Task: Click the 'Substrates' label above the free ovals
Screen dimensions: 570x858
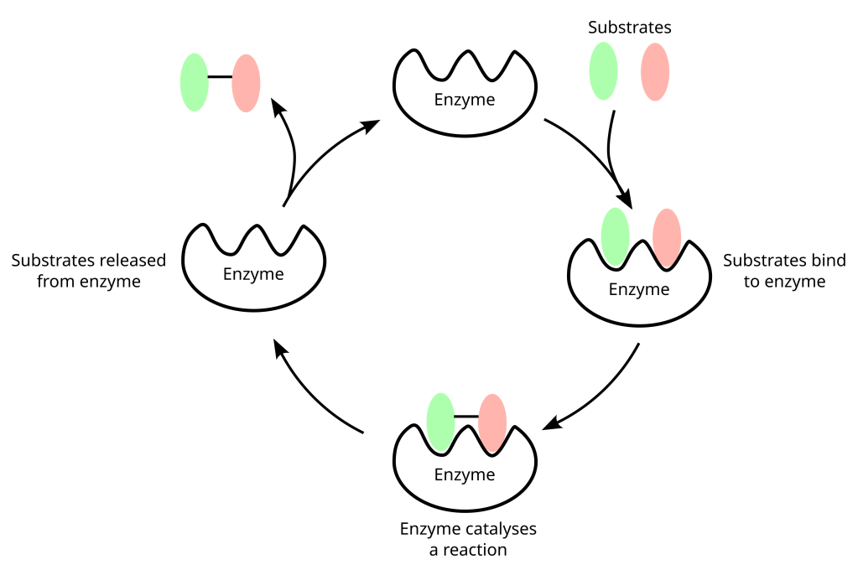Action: [629, 28]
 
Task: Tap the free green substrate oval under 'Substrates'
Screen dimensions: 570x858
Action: [604, 71]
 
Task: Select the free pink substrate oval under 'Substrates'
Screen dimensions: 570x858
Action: [655, 71]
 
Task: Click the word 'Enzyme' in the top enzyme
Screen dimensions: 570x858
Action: [464, 100]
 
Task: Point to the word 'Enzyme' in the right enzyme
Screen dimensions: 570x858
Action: [638, 290]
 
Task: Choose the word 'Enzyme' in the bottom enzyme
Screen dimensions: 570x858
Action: [464, 475]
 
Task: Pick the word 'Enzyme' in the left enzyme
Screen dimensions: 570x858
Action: [253, 274]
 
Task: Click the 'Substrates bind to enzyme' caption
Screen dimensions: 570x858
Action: [784, 271]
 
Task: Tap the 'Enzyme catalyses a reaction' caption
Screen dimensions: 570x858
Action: [468, 540]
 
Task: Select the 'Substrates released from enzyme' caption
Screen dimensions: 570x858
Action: [88, 271]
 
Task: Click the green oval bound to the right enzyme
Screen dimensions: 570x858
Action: [616, 236]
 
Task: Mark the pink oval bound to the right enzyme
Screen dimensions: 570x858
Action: [667, 237]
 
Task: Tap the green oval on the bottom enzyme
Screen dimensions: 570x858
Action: [441, 420]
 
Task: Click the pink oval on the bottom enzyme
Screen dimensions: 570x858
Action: [492, 420]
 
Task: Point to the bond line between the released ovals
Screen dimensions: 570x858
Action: [220, 77]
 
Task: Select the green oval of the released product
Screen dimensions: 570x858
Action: [194, 82]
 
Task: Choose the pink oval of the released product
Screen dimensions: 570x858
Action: [246, 82]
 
